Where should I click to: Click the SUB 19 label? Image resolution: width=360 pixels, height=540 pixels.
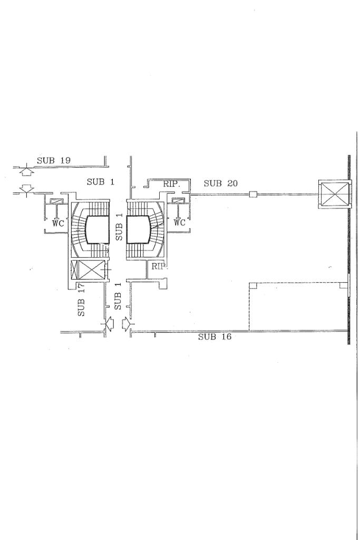(x=54, y=160)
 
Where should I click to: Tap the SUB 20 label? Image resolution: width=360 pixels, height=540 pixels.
(x=220, y=184)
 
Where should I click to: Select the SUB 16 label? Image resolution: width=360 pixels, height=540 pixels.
(x=215, y=337)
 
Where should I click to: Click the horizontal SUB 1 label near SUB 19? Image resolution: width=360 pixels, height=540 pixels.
(x=100, y=182)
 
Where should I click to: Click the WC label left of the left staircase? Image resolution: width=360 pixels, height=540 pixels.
(x=58, y=223)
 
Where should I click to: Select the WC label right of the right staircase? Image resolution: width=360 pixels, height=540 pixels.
(x=180, y=223)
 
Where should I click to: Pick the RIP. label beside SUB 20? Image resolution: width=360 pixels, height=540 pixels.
(x=172, y=184)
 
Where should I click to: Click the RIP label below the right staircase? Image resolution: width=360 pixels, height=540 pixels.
(x=158, y=266)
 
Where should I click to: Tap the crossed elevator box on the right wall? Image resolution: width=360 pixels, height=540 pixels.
(x=334, y=194)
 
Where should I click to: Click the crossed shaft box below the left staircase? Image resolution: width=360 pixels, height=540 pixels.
(x=87, y=271)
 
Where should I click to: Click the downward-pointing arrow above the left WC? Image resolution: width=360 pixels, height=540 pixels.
(x=26, y=188)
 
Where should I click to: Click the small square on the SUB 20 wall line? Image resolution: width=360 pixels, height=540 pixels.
(x=253, y=195)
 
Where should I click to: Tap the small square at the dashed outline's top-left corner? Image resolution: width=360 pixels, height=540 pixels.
(x=252, y=285)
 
